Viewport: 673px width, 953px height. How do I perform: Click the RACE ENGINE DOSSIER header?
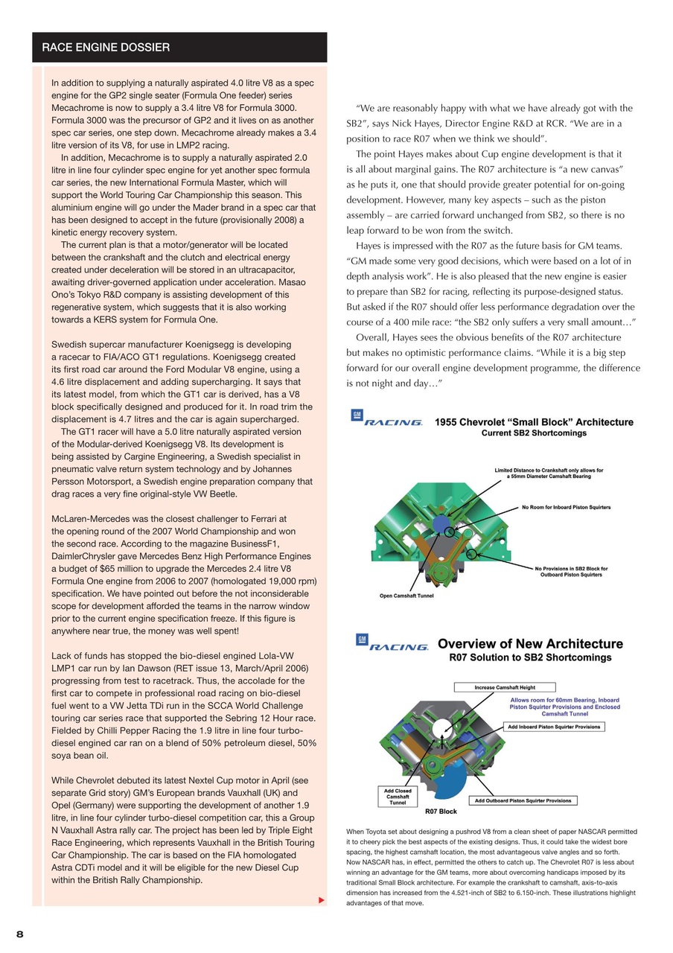click(106, 48)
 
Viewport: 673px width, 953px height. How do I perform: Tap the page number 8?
click(20, 934)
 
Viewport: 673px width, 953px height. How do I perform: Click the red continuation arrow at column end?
click(322, 900)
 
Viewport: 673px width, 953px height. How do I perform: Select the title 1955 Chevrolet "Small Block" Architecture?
click(534, 422)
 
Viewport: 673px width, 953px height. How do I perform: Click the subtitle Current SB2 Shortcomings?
click(534, 433)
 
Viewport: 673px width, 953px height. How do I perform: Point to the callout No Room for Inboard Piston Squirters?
click(566, 508)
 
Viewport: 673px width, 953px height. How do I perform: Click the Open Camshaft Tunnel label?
click(406, 596)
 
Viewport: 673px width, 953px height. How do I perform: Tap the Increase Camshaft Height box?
click(505, 687)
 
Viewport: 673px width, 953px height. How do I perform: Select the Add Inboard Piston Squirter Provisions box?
click(555, 727)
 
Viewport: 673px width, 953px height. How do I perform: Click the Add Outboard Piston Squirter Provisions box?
click(523, 800)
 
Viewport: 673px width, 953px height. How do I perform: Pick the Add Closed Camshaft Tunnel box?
click(398, 797)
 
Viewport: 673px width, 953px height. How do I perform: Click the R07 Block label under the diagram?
click(441, 812)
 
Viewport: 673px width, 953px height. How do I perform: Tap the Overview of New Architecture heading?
click(530, 644)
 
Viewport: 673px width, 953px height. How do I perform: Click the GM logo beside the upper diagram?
click(357, 415)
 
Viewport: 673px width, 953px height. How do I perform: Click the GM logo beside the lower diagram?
click(362, 640)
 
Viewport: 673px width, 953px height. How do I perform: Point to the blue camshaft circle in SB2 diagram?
click(441, 523)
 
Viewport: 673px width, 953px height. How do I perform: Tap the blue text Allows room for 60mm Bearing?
click(564, 701)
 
